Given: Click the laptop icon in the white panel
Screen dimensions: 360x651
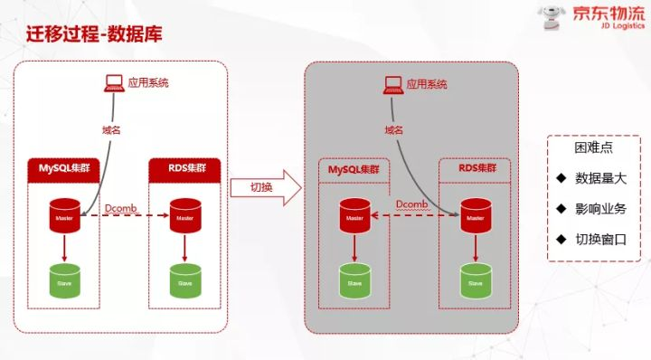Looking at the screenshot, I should (x=114, y=83).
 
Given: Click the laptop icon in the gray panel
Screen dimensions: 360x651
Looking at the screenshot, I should (x=392, y=83).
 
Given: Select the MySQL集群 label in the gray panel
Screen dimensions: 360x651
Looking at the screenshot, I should (x=354, y=170).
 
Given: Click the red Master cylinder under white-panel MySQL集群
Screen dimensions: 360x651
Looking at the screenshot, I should (x=63, y=218).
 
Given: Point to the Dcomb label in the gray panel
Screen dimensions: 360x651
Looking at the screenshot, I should (x=411, y=204).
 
